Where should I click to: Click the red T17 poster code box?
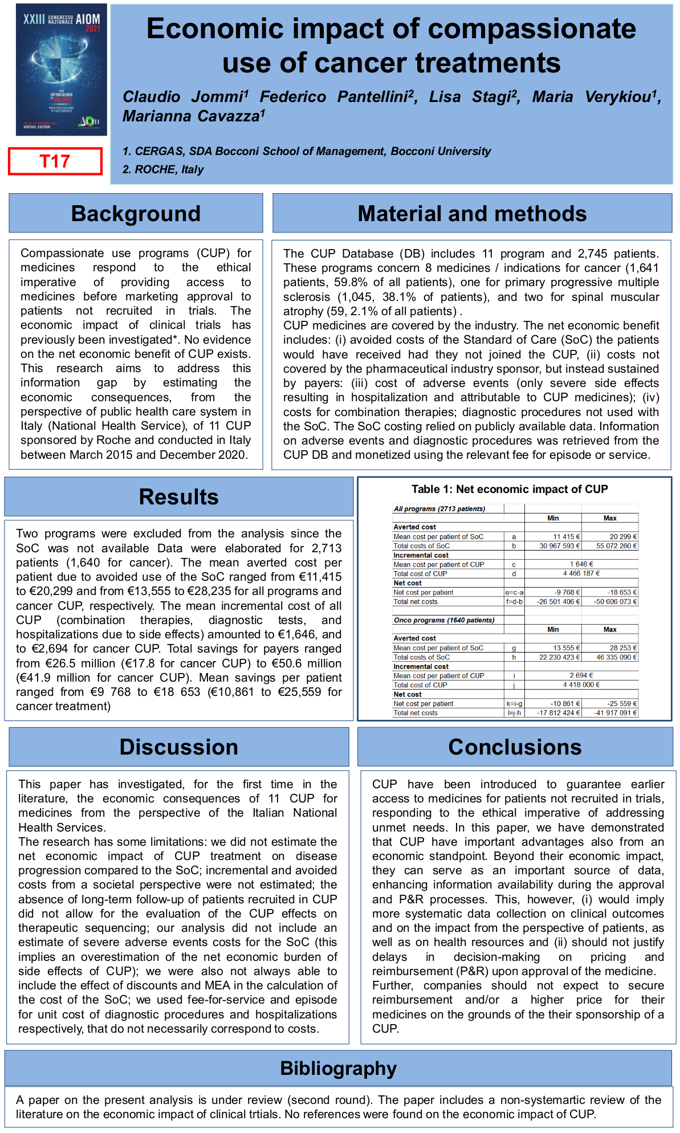(x=55, y=161)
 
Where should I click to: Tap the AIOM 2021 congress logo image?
(x=62, y=70)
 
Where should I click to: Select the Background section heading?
(x=136, y=214)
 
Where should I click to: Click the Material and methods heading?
(x=472, y=214)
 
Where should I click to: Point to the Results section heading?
(x=178, y=497)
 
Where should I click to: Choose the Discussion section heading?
(x=178, y=747)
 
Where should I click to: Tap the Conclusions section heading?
(x=515, y=747)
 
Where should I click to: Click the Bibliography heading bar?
(x=338, y=1068)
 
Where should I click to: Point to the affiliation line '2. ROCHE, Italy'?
(x=163, y=169)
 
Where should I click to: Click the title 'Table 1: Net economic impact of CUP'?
(x=510, y=489)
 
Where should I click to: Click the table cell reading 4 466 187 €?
(x=581, y=573)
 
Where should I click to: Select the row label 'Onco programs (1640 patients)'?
(x=444, y=620)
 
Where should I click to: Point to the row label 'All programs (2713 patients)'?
(x=439, y=509)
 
